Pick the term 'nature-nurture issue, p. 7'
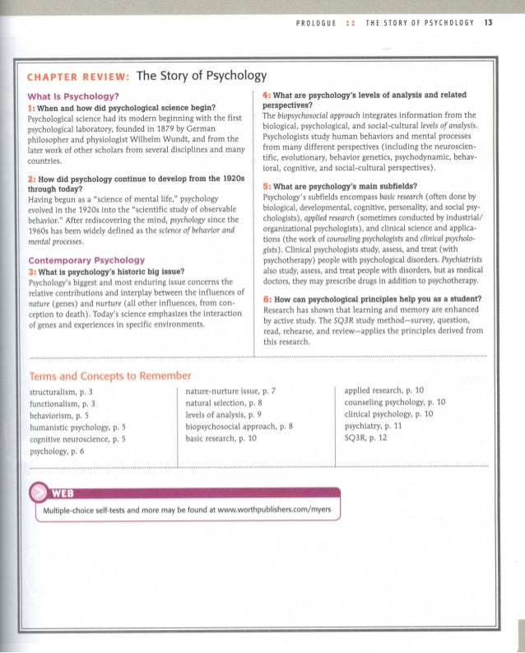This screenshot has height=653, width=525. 235,393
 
